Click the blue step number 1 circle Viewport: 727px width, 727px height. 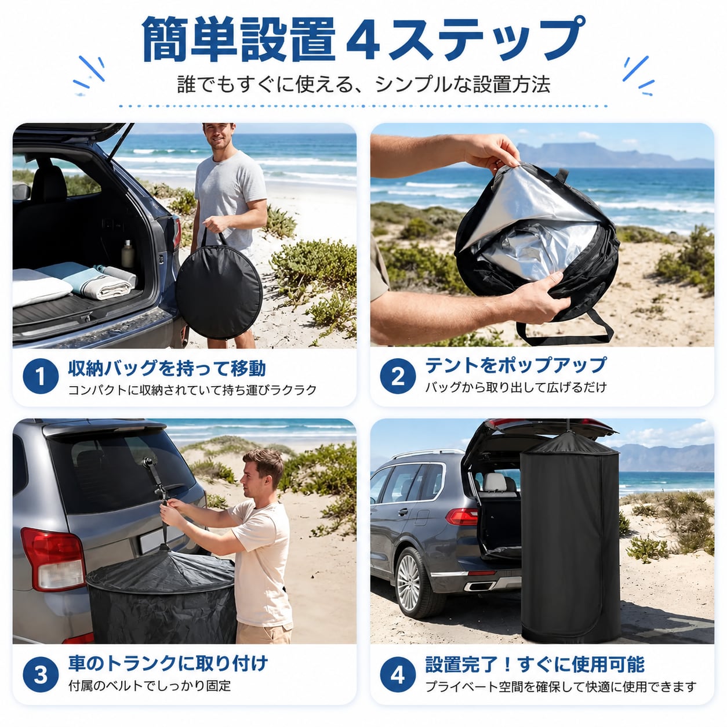pos(41,376)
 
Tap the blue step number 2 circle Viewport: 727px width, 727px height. pos(398,376)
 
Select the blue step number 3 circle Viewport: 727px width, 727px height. pos(41,675)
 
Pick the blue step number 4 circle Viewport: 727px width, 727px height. pos(398,675)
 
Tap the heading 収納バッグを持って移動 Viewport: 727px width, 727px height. pos(167,368)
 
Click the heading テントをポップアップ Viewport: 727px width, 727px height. pos(516,365)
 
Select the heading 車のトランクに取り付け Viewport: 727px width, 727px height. pos(168,663)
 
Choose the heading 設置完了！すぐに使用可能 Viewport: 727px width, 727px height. pos(535,664)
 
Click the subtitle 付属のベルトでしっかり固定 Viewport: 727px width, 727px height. pos(150,685)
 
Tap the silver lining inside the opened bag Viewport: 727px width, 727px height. pos(528,223)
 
